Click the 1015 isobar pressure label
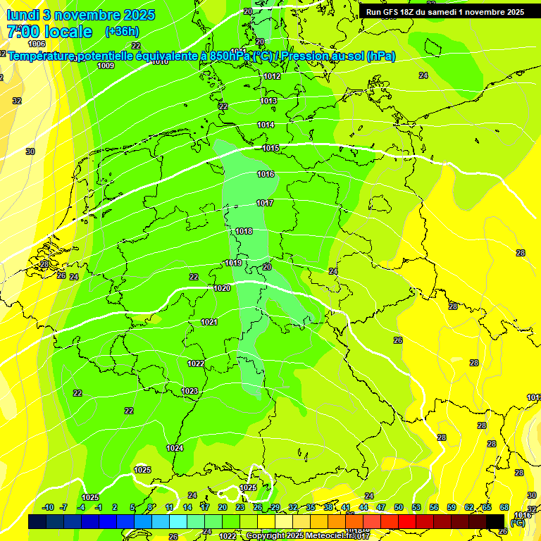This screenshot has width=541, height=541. [x=270, y=148]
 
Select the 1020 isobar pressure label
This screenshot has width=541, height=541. [x=222, y=288]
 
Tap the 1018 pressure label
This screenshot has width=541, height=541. [x=244, y=231]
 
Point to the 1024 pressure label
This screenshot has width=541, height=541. [x=175, y=448]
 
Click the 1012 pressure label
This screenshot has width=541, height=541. [x=272, y=76]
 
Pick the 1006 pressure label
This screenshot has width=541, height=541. [x=37, y=44]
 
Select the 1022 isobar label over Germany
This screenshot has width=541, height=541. [x=196, y=363]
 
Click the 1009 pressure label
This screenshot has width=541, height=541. [x=106, y=66]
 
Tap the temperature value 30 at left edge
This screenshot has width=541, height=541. [x=30, y=151]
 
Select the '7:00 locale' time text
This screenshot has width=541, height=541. [x=49, y=32]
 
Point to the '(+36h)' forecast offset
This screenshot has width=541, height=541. [x=122, y=32]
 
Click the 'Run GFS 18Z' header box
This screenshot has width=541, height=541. [x=444, y=12]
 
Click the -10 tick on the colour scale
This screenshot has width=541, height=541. [x=48, y=507]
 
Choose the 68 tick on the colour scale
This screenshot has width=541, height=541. [x=504, y=507]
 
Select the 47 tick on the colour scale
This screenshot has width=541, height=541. [x=381, y=507]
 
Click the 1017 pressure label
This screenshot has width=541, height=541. [x=265, y=203]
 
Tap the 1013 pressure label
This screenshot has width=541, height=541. [x=268, y=101]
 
